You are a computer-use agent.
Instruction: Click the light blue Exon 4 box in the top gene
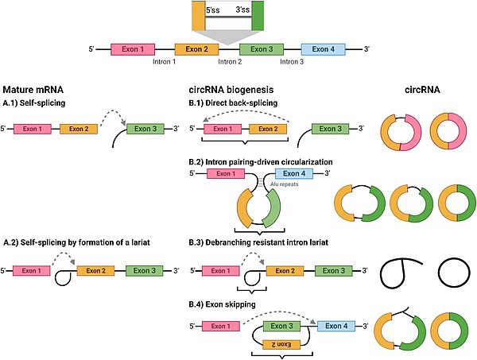(x=323, y=49)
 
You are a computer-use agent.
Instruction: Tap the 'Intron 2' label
(x=230, y=62)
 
